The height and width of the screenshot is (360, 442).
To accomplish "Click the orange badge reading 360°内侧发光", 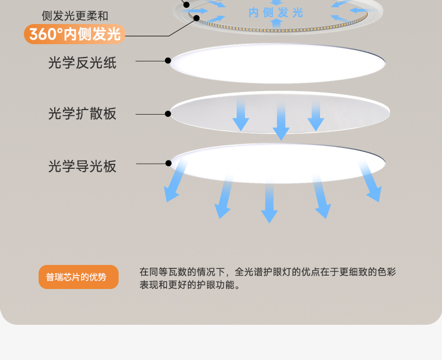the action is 74,34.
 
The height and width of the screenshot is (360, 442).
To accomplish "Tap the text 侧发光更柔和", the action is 75,16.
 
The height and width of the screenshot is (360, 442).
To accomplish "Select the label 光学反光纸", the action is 82,63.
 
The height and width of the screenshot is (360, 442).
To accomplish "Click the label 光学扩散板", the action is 82,113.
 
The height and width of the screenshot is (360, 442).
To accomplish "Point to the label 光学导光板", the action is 82,166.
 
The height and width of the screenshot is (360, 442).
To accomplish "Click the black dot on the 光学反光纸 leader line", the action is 168,60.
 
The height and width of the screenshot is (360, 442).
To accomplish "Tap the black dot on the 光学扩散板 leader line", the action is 168,113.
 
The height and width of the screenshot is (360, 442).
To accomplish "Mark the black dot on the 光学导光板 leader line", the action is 168,163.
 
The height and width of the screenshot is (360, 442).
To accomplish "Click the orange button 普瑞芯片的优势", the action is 78,277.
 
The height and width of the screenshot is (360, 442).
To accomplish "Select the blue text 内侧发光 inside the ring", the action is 276,12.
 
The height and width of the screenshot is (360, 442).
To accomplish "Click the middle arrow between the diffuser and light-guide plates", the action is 281,120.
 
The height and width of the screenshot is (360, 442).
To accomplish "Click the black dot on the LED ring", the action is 197,18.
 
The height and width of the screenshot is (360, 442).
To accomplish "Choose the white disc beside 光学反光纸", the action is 278,63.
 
